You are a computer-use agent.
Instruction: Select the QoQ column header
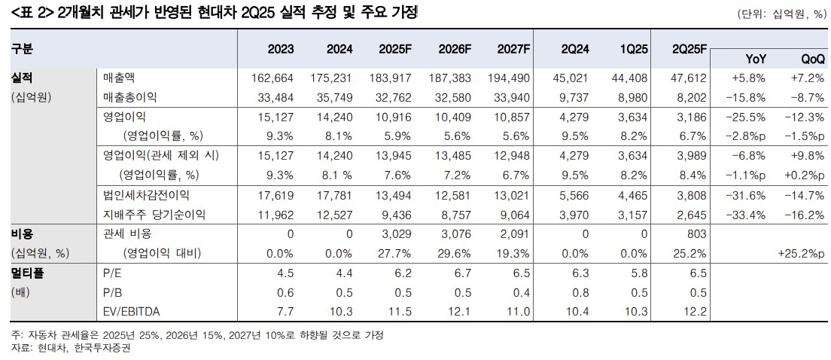click(812, 59)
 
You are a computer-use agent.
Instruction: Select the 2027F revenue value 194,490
click(510, 78)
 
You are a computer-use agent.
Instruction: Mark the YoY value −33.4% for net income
click(748, 215)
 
